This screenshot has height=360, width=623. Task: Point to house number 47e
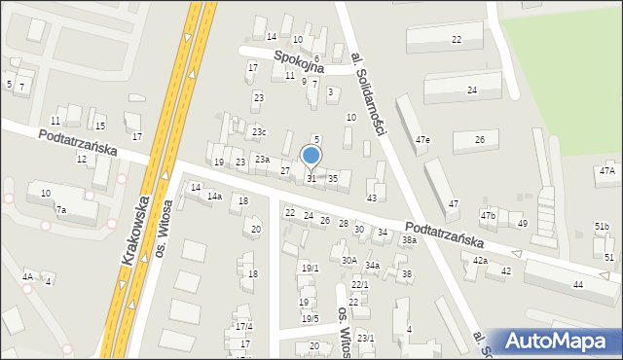point(422,140)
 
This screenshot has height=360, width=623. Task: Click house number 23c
point(258,132)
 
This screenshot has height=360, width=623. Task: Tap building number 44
point(578,285)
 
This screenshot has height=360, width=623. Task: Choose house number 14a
point(214,197)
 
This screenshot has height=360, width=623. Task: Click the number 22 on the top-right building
point(457,39)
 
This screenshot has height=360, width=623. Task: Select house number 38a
point(410,240)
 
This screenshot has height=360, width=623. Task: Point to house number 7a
point(60,210)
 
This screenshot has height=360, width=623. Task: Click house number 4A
point(28,277)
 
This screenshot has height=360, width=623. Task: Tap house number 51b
point(602,227)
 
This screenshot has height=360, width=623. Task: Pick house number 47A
point(607,171)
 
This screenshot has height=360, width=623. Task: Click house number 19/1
point(310,269)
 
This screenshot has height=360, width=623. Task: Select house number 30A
point(348,260)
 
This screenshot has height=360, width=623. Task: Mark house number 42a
point(480,261)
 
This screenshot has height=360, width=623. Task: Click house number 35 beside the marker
point(333,179)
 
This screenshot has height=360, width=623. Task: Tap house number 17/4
point(244,326)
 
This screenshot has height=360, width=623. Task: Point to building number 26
point(479,140)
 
